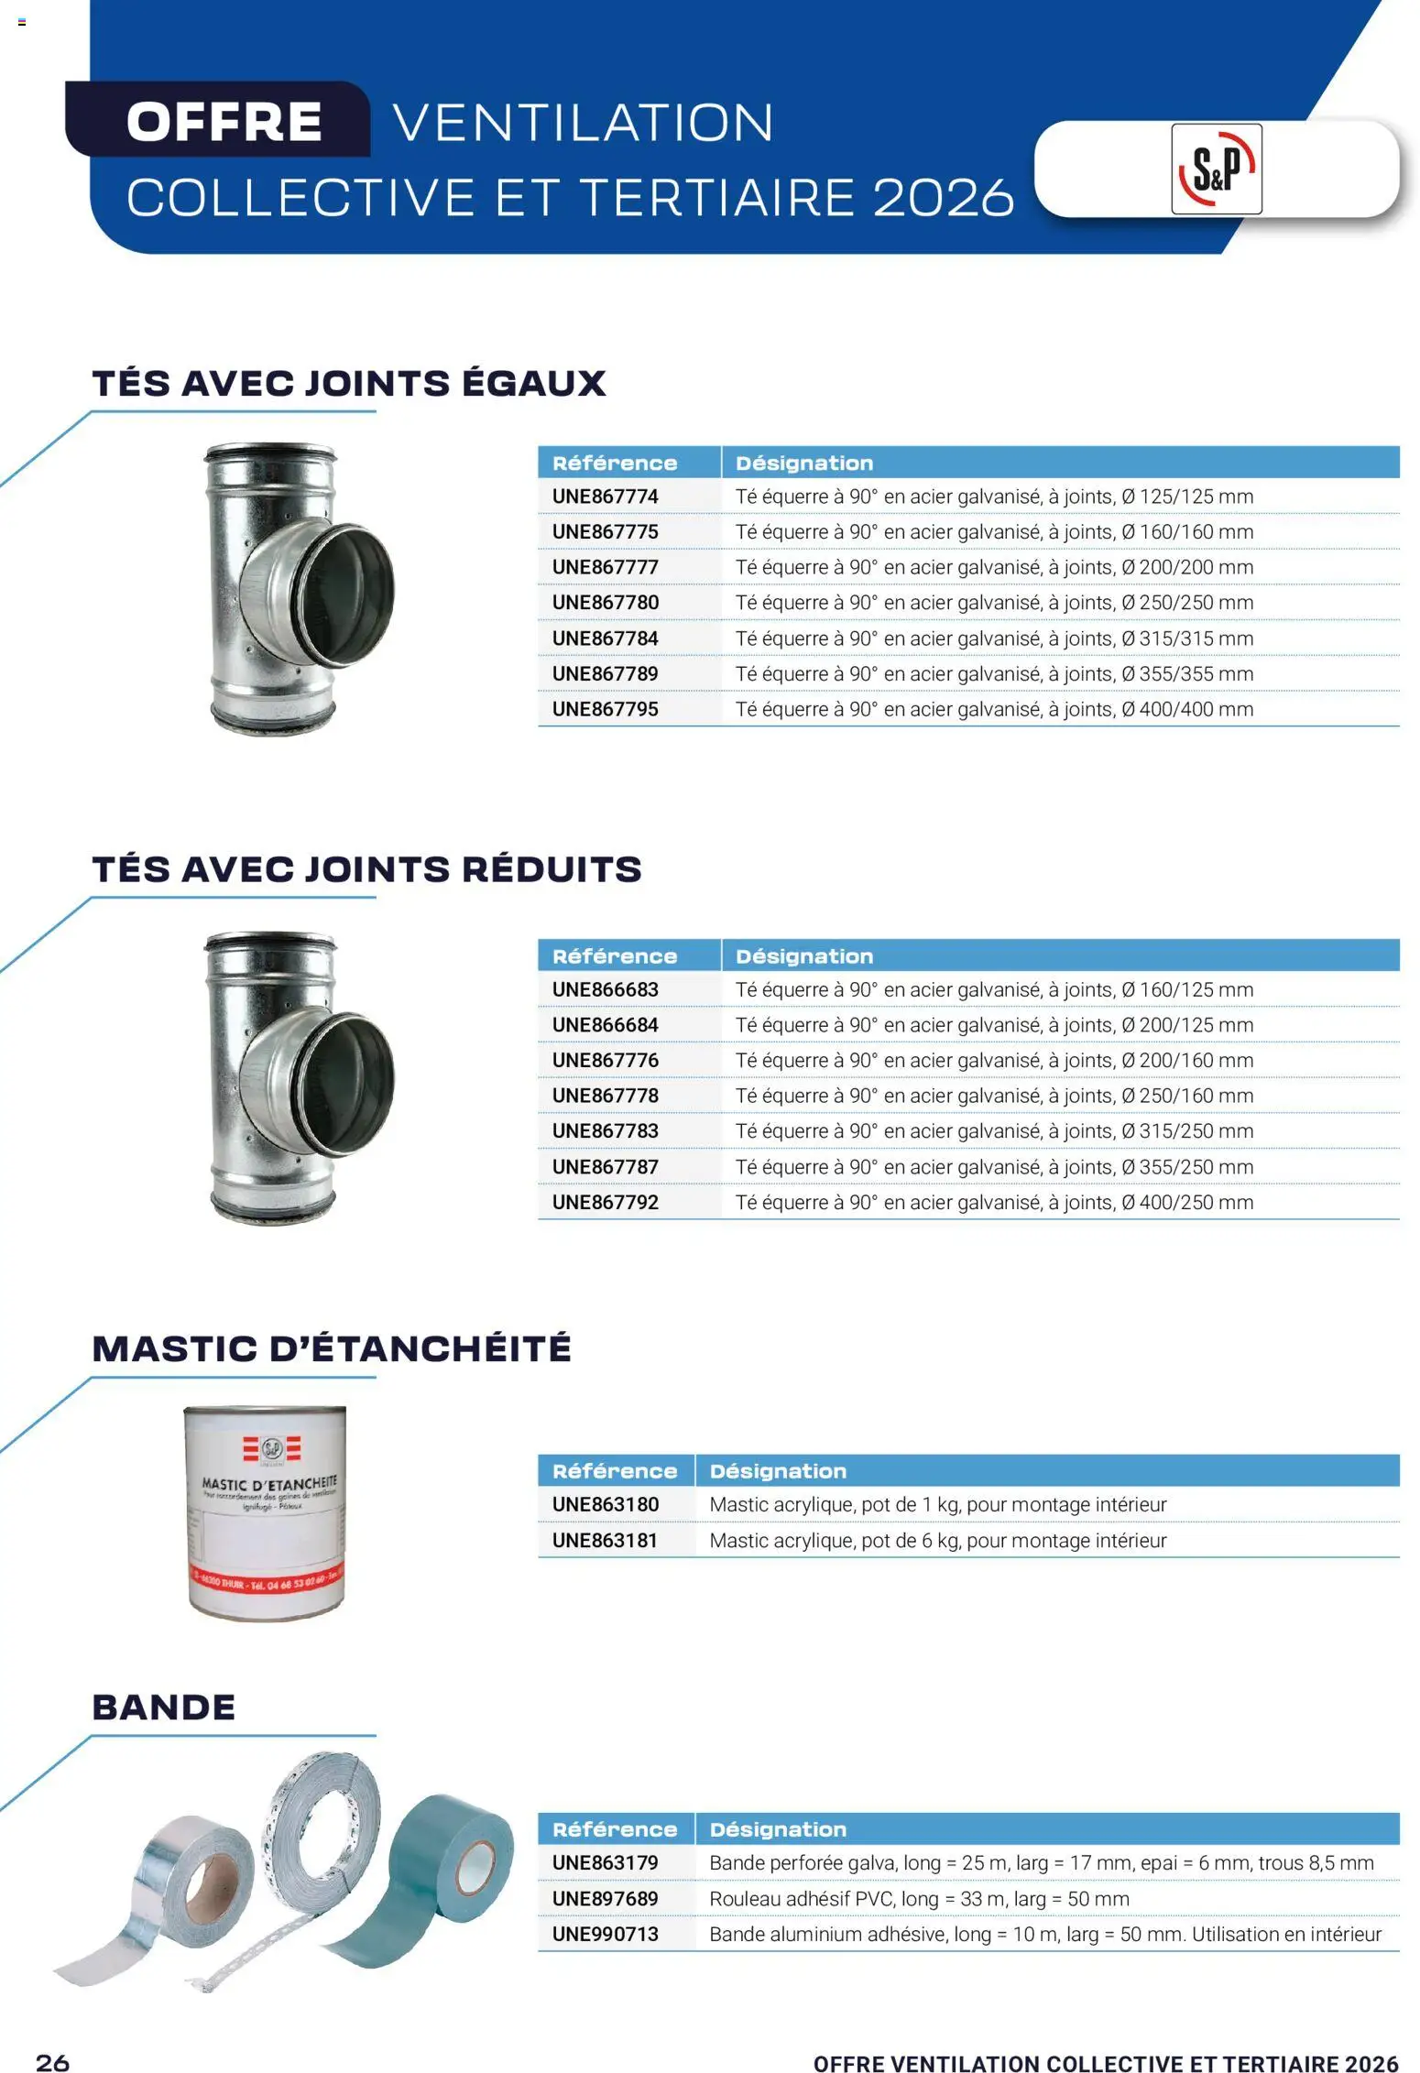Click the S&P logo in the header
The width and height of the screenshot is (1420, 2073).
tap(1216, 169)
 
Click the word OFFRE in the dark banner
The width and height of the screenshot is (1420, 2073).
tap(224, 122)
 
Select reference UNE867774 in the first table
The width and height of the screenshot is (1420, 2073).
tap(605, 496)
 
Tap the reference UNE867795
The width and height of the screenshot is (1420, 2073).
tap(605, 709)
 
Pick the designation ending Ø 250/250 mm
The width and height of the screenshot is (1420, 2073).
tap(994, 603)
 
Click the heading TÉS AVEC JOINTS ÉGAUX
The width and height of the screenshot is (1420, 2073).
tap(349, 382)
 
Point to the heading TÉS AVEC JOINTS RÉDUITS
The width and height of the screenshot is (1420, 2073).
tap(367, 868)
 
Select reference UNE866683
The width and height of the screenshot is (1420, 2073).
tap(605, 989)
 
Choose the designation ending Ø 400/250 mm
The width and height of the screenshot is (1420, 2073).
tap(994, 1202)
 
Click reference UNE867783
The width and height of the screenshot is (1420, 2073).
tap(605, 1131)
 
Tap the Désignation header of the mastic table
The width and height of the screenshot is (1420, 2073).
tap(778, 1471)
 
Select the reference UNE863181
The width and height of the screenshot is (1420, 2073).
tap(605, 1541)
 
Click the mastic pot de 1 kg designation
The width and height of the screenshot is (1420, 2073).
tap(938, 1504)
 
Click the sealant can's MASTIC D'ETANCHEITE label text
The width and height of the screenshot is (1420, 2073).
tap(269, 1482)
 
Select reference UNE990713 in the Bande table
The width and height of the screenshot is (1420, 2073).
tap(605, 1934)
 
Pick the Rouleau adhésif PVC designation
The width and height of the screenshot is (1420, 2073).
tap(919, 1899)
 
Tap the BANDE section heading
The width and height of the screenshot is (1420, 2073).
tap(164, 1707)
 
